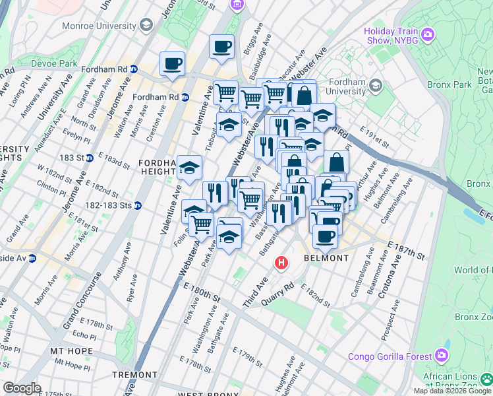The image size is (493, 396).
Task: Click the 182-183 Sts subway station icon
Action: click(x=137, y=205)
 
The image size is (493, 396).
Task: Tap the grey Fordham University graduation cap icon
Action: click(x=376, y=84)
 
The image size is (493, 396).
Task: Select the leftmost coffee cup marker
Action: click(x=172, y=64)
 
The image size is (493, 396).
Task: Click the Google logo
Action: click(x=22, y=388)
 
